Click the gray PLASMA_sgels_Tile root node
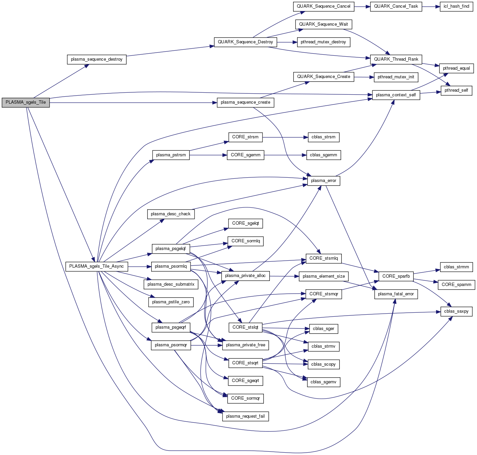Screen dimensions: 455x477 click(26, 102)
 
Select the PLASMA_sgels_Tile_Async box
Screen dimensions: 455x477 click(97, 266)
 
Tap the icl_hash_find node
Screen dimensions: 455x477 click(456, 6)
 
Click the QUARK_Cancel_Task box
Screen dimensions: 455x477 click(396, 6)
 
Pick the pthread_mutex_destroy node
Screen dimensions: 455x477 click(323, 42)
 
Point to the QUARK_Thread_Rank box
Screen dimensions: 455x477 click(396, 59)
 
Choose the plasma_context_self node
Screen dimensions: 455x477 click(396, 95)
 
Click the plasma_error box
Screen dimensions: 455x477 click(323, 181)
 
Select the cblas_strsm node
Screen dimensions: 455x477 click(323, 137)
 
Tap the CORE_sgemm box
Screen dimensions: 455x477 click(245, 155)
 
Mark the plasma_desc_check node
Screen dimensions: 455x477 click(171, 214)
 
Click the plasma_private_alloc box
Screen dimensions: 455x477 click(245, 276)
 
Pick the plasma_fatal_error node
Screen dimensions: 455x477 click(396, 294)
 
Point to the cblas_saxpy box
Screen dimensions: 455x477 click(456, 311)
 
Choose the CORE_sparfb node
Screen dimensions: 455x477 click(396, 276)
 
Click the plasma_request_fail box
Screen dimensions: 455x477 click(245, 416)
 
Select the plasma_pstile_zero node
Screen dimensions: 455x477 click(171, 302)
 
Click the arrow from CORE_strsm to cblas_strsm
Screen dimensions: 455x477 click(283, 137)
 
